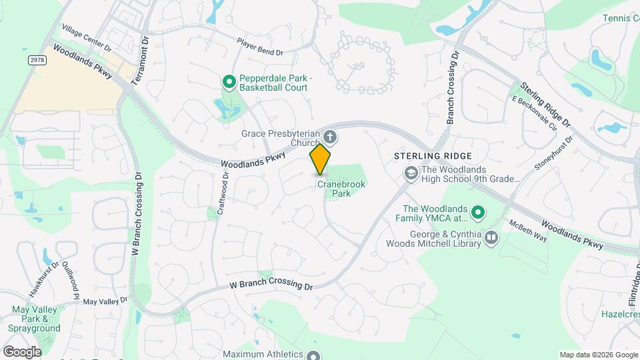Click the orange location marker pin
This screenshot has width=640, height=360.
click(x=320, y=159)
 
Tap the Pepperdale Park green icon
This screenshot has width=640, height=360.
click(x=229, y=82)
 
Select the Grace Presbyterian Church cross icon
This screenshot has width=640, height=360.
click(x=330, y=137)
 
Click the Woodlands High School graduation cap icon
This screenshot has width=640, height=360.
click(x=411, y=173)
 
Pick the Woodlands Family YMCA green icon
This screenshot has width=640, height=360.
click(x=477, y=213)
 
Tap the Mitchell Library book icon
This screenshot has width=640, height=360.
click(x=491, y=238)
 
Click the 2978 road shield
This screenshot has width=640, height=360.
click(x=37, y=60)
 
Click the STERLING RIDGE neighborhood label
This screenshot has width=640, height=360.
click(x=433, y=155)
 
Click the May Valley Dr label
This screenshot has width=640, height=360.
click(x=105, y=301)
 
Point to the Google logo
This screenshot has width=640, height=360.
click(x=22, y=351)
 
